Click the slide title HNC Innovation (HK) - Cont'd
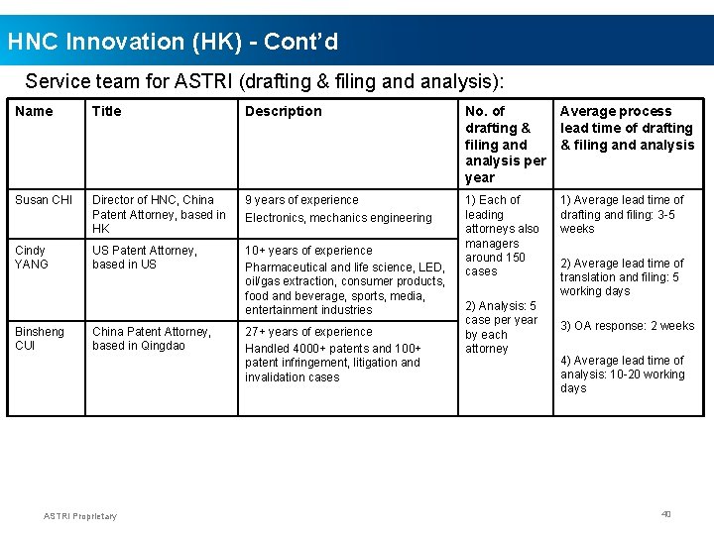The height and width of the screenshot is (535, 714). coord(173,42)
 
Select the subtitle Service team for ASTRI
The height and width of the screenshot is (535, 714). coord(265,80)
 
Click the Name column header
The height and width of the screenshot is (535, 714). coord(35,111)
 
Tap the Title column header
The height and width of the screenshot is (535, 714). coord(106,111)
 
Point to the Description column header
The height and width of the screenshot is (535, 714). coord(284,111)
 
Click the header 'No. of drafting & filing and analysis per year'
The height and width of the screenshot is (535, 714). coord(505,144)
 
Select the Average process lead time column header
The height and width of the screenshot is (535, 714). coord(627,128)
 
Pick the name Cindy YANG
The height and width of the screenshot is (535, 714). coord(32,258)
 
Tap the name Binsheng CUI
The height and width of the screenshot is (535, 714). coord(40,339)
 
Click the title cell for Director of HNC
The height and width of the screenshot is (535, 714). coord(159,214)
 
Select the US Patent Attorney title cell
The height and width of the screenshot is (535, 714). coord(145,258)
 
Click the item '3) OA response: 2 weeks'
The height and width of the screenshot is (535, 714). coord(627,326)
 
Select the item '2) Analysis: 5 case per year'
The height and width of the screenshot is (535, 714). coord(501,327)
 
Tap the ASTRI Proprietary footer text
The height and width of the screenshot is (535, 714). coord(80,515)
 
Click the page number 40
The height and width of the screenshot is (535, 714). coord(666,513)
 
